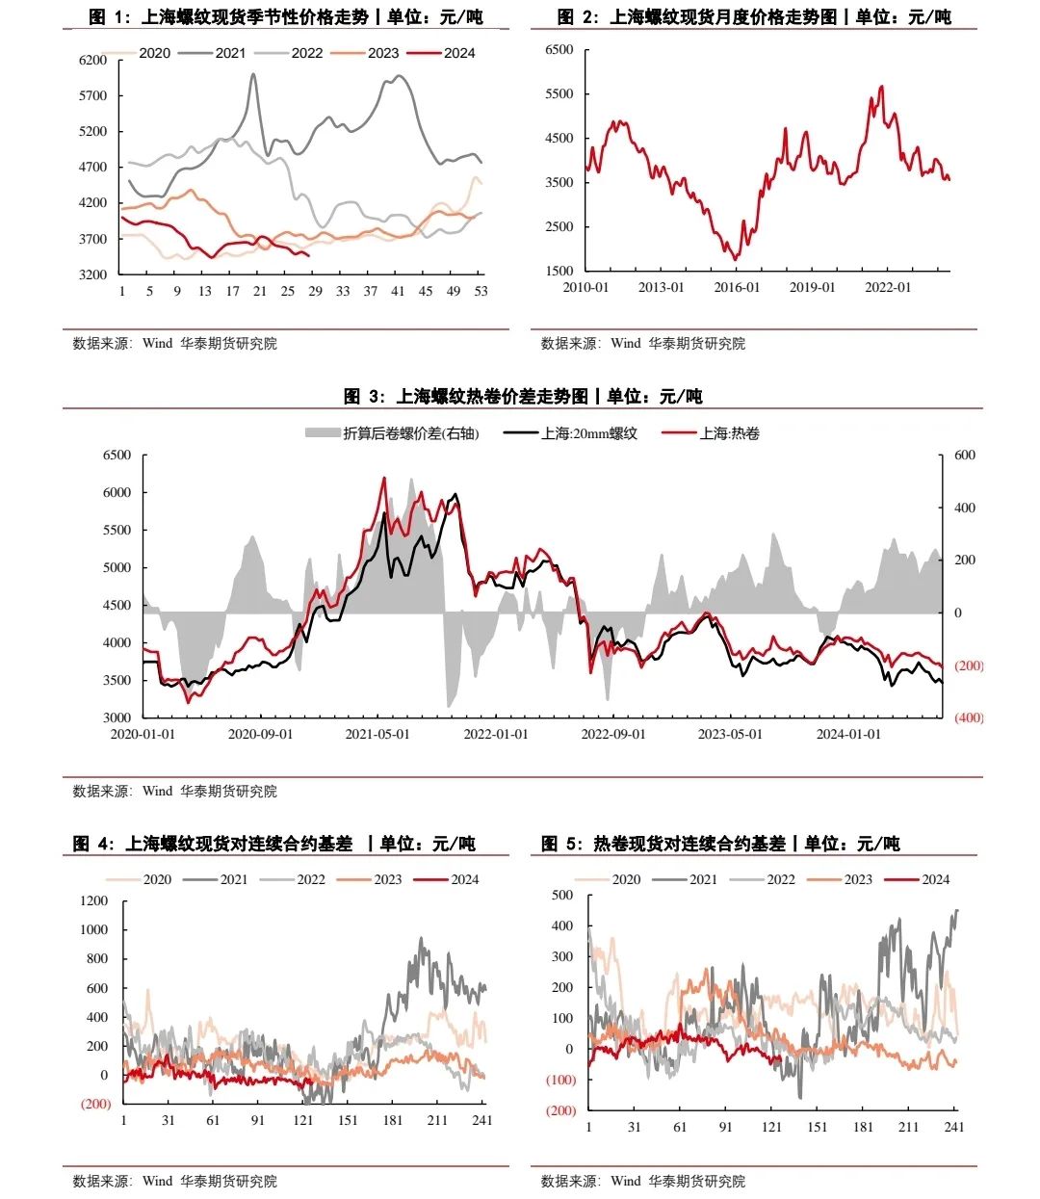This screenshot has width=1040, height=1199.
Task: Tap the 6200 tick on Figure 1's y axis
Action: coord(93,61)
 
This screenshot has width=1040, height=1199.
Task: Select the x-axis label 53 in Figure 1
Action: coord(481,291)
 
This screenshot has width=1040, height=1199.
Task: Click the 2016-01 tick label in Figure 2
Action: coord(737,288)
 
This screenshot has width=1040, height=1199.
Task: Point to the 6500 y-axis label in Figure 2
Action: coord(559,50)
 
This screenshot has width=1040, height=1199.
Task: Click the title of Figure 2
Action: coord(754,16)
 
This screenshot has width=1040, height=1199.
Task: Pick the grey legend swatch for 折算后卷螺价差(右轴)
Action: coord(323,433)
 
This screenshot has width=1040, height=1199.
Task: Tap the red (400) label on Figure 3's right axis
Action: coord(969,717)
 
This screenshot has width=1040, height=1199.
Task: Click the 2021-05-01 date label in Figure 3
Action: coord(378,734)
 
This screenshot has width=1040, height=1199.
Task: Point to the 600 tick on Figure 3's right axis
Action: coord(964,456)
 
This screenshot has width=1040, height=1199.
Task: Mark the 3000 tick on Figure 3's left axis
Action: coord(117,717)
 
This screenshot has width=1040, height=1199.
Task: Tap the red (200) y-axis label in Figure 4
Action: coord(95,1104)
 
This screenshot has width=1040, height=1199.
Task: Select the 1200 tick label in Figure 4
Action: coord(94,900)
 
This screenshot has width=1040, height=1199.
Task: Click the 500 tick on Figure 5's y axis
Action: coord(562,895)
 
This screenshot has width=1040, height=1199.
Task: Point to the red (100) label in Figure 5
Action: coord(560,1080)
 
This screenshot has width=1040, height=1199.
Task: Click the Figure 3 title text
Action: coord(523,396)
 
